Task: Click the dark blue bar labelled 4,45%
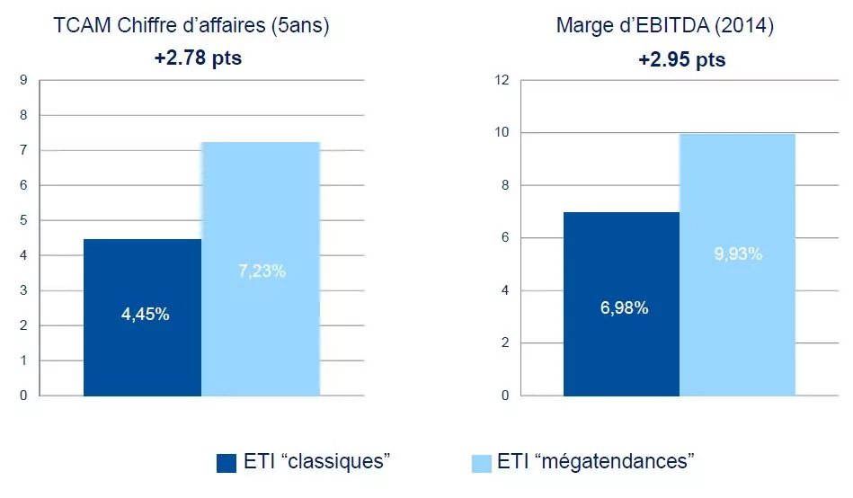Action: pos(142,317)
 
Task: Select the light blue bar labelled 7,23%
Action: pos(261,270)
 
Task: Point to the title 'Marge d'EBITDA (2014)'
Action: pos(665,26)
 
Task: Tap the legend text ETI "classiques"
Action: pos(315,462)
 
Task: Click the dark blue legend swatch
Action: pos(227,463)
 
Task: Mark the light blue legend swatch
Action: pos(484,463)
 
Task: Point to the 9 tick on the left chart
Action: pos(24,80)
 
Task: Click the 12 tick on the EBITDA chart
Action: pos(502,80)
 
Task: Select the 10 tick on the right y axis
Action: pos(502,133)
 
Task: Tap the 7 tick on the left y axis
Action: pos(24,150)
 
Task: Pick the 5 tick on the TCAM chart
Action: pos(24,220)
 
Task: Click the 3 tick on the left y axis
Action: pos(24,290)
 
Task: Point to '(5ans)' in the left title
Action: pos(300,26)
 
